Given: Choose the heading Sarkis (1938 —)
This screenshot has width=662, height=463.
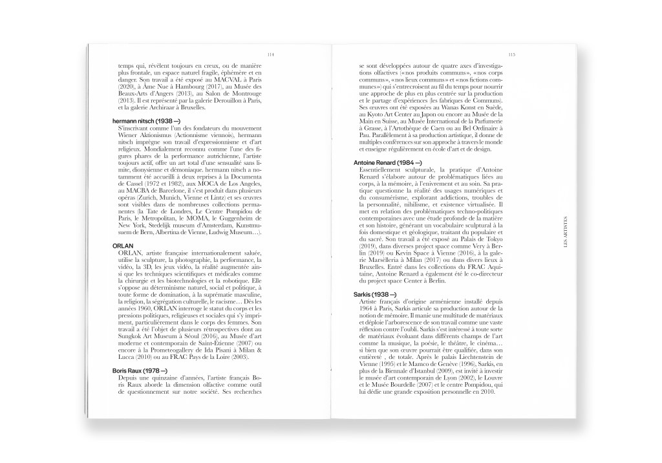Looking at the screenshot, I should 379,294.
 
